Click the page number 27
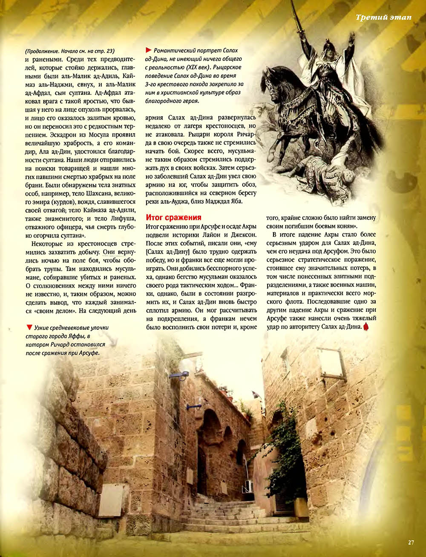(x=410, y=542)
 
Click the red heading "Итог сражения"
(x=173, y=217)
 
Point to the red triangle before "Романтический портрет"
(x=149, y=50)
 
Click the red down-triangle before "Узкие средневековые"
(x=29, y=327)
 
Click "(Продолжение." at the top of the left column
(x=43, y=51)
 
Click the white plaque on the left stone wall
(x=110, y=500)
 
